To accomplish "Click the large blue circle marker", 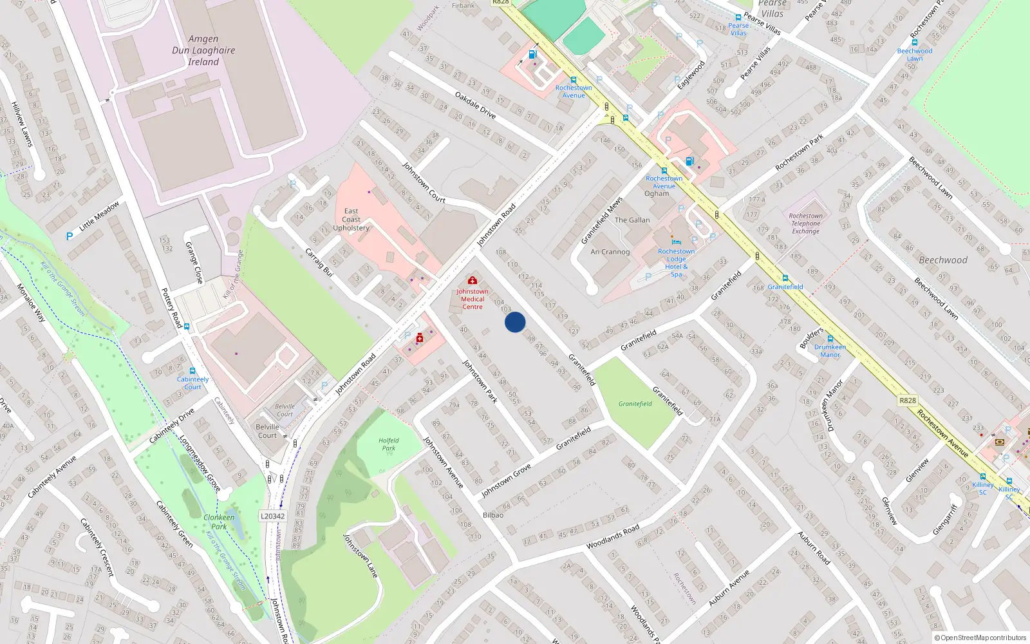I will click(515, 322).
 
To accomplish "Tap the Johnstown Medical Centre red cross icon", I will click(472, 281).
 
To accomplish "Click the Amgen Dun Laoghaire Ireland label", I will click(203, 50).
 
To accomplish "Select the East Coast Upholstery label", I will click(351, 219).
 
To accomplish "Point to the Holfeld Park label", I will click(388, 444).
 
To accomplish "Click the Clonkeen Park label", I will click(219, 522).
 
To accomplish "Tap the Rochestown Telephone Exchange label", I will click(805, 223).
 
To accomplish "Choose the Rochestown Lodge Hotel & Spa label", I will click(676, 262).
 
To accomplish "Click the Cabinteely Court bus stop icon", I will click(192, 371).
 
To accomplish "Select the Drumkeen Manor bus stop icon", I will click(830, 339).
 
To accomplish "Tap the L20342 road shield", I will click(273, 516).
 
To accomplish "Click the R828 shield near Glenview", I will click(907, 401).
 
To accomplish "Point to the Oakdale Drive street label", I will click(475, 105).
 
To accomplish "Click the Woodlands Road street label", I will click(612, 536).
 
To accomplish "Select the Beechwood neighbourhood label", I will click(942, 260).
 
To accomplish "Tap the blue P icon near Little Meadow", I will click(69, 236).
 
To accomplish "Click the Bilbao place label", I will click(493, 515).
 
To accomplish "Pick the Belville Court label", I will click(267, 431).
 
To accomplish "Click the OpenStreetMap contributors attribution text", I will click(980, 638).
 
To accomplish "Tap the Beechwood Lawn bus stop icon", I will click(914, 43).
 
